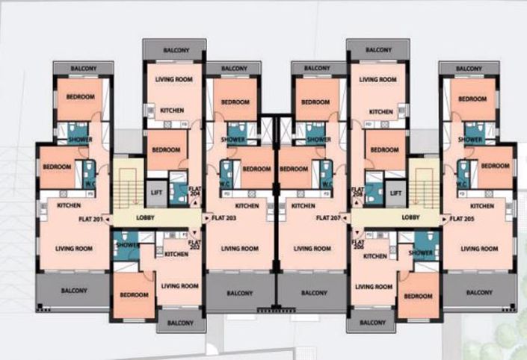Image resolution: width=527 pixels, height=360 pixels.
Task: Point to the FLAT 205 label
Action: (463, 219)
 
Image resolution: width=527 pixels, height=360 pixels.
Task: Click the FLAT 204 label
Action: (195, 190)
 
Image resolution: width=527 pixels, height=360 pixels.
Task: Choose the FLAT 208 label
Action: (360, 190)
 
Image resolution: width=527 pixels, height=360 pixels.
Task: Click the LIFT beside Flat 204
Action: (156, 193)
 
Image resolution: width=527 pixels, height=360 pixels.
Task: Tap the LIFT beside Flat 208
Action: (396, 193)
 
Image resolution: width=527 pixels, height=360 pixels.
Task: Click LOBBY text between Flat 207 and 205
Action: (410, 219)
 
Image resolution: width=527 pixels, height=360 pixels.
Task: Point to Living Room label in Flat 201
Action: (74, 249)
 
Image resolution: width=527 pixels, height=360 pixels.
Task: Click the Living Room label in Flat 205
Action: (479, 249)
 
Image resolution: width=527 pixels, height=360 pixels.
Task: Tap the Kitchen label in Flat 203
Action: (247, 205)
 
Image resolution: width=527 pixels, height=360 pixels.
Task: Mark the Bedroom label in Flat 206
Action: (418, 296)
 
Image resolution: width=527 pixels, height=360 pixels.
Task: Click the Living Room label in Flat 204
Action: (173, 79)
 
